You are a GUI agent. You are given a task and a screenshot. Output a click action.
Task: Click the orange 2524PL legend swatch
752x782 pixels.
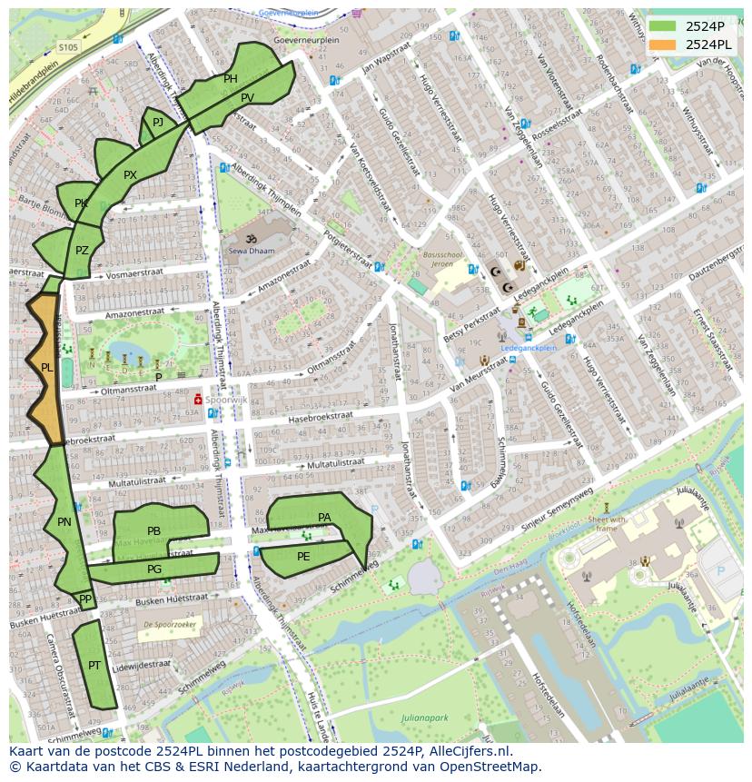coord(663,45)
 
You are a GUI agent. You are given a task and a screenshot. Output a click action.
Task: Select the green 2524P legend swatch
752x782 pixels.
coord(663,25)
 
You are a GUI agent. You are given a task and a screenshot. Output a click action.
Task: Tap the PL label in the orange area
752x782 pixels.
coord(46,368)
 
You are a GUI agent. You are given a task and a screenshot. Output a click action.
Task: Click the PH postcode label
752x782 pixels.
coord(231,79)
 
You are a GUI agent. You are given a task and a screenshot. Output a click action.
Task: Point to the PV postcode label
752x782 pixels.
coord(248,97)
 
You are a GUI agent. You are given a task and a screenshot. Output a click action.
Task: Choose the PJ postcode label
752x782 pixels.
coord(158,122)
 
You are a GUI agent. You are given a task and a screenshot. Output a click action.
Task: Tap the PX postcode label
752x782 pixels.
coord(130,175)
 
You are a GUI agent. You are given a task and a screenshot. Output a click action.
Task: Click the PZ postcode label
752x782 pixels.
coord(82,251)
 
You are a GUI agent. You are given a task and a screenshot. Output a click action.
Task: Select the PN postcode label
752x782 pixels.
coord(64,522)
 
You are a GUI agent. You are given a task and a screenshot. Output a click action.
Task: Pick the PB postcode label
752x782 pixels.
coord(153,531)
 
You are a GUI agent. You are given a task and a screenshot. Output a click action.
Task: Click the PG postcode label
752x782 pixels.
coord(154,569)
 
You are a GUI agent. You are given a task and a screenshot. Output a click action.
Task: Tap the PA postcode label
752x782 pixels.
coord(324,518)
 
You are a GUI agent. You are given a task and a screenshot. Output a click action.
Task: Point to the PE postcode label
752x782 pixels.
coord(303,557)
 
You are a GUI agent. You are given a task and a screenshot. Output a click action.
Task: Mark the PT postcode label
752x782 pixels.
coord(94,666)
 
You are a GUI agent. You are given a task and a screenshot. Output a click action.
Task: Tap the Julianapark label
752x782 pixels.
coord(424,718)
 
